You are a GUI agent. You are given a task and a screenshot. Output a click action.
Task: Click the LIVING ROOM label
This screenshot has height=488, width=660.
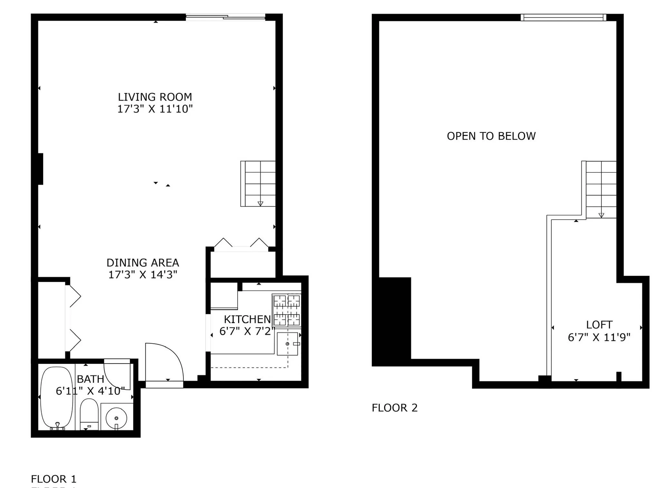click(x=155, y=97)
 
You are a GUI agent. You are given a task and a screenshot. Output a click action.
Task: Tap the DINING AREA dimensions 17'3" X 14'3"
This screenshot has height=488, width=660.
click(x=143, y=275)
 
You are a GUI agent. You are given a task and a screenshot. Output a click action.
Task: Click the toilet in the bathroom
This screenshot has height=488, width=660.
click(x=89, y=415)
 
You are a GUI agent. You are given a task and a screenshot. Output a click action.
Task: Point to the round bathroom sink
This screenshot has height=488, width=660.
click(x=116, y=418)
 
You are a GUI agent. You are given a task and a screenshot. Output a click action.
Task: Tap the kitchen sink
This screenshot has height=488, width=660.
click(x=287, y=344)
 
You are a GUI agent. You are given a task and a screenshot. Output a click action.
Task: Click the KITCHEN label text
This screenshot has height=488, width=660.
click(x=247, y=319)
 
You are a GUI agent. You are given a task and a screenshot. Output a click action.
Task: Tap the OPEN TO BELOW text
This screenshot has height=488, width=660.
click(x=491, y=136)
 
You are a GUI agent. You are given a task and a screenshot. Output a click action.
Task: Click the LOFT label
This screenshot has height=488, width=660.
click(x=599, y=325)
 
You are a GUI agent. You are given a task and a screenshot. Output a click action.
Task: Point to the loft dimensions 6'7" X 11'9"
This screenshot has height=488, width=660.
click(x=599, y=337)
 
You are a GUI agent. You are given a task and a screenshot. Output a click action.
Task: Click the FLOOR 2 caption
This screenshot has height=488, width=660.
click(x=394, y=408)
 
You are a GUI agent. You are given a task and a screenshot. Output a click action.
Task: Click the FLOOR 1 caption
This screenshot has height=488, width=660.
click(x=53, y=479)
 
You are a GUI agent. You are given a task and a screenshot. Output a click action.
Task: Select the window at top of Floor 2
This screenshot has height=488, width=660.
click(x=563, y=17)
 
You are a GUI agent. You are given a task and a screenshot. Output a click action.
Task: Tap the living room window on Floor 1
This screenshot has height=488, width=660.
click(x=226, y=17)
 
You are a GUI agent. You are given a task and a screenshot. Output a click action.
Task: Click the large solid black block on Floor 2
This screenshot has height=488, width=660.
click(x=392, y=321)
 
